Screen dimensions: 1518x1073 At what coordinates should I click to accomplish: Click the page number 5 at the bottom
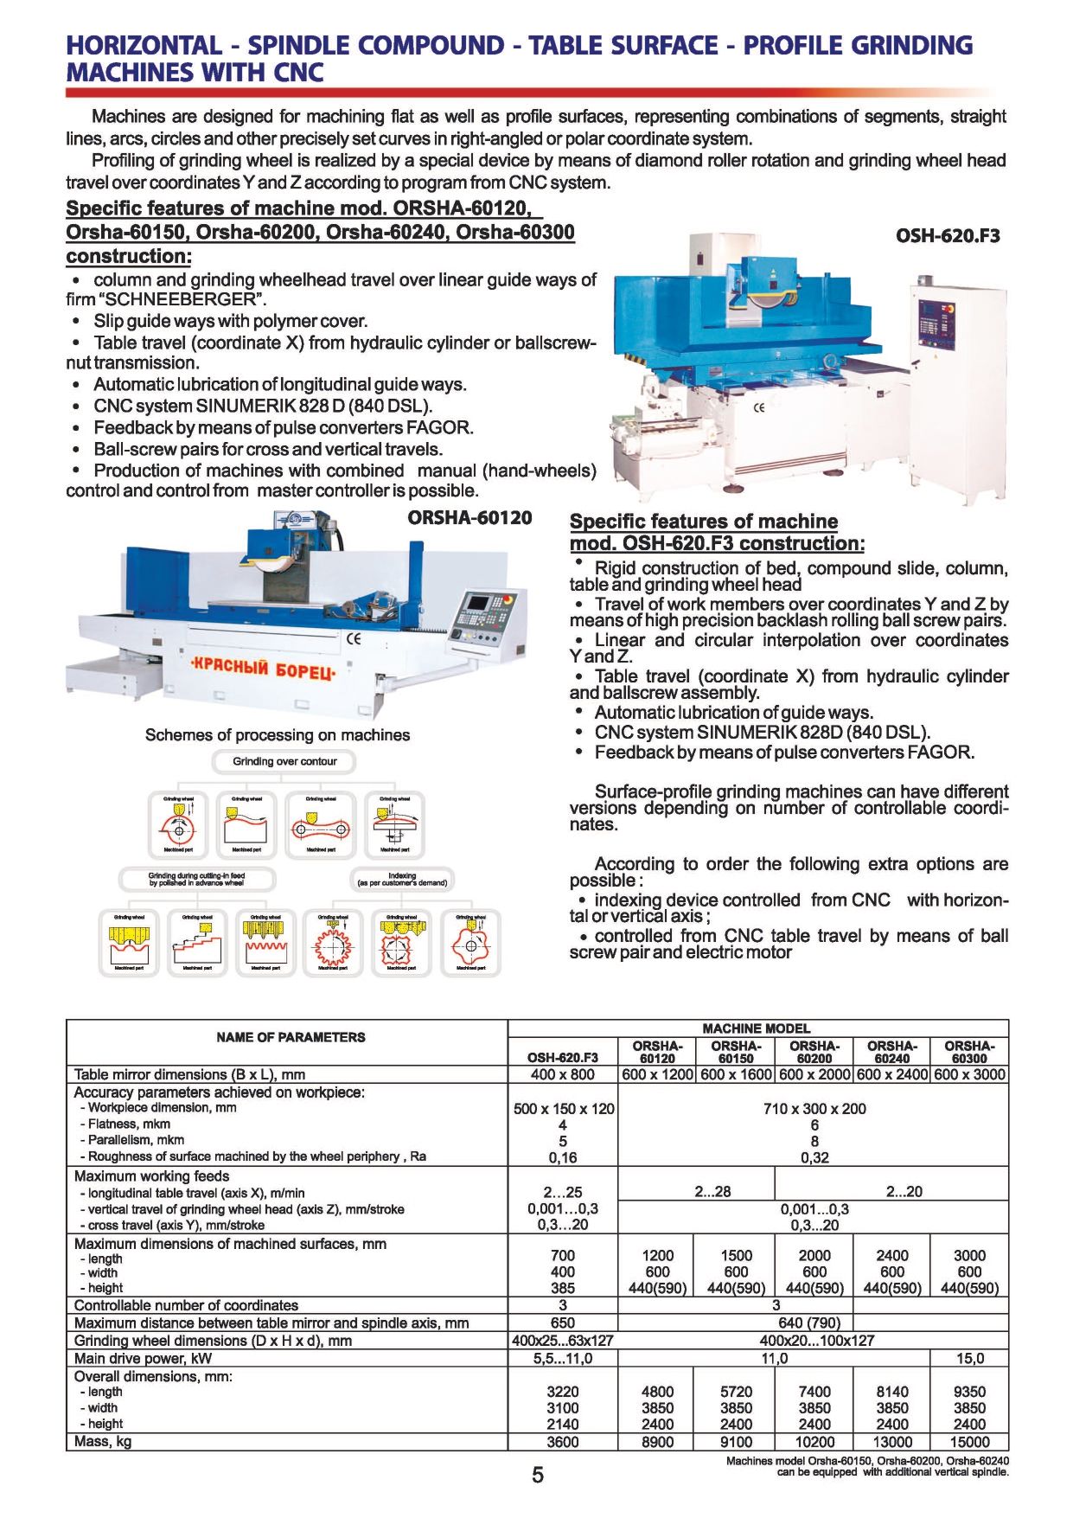(x=538, y=1475)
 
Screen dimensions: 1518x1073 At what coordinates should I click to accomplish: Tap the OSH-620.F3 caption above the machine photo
(x=948, y=235)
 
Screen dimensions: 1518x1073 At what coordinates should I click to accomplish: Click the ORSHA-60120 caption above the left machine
(x=469, y=518)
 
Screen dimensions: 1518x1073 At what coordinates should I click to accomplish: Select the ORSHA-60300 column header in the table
(x=969, y=1052)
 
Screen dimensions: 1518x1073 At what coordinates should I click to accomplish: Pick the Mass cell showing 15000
(x=969, y=1442)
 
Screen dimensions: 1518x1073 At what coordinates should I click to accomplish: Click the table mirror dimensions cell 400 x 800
(x=562, y=1074)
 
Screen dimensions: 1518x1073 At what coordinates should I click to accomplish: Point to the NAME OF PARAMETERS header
(x=291, y=1037)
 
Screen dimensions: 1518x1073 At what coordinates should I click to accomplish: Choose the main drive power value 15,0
(x=969, y=1358)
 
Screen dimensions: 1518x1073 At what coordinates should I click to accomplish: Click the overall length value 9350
(x=969, y=1392)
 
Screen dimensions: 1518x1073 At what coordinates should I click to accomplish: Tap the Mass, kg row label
(x=103, y=1442)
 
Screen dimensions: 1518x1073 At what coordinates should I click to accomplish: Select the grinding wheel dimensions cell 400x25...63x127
(x=562, y=1341)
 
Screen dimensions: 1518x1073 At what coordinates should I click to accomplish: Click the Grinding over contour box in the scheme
(x=284, y=762)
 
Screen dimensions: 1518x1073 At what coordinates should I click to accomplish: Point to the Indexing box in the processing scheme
(x=402, y=879)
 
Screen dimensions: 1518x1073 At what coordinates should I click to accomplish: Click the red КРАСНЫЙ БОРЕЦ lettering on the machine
(x=262, y=670)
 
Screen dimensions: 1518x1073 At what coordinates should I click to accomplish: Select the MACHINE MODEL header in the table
(x=757, y=1028)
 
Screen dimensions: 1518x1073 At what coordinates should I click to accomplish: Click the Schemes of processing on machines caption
(x=278, y=735)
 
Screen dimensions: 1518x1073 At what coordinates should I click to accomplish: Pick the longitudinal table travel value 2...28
(x=712, y=1191)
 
